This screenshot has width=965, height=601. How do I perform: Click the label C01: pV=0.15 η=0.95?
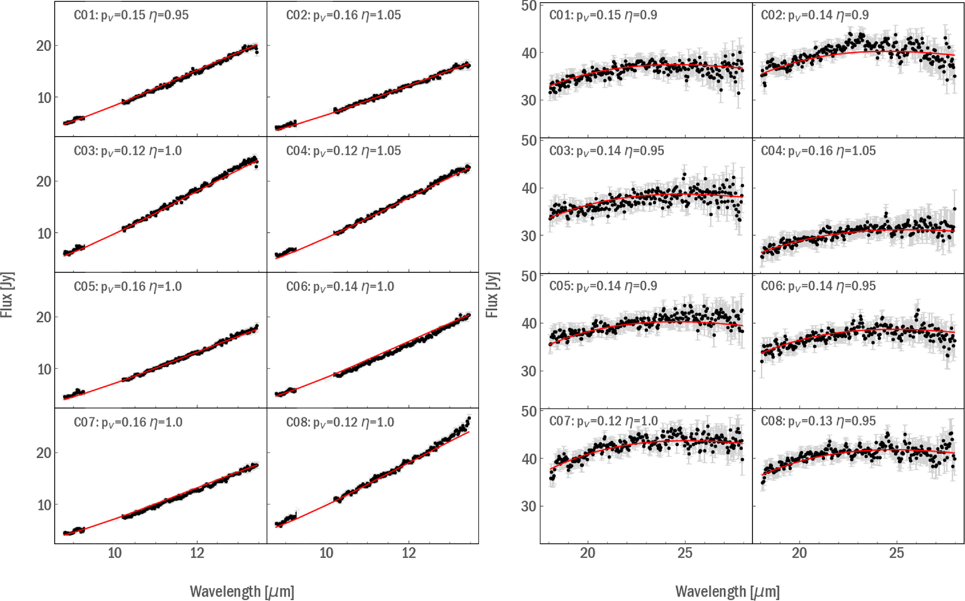(131, 16)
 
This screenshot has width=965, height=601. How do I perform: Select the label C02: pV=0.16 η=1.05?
(343, 16)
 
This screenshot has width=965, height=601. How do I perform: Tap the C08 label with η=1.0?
(340, 422)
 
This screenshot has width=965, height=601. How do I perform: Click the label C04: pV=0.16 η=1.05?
(818, 151)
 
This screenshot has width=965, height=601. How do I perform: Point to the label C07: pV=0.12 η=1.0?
(603, 421)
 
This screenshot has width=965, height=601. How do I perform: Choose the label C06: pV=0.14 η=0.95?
(818, 286)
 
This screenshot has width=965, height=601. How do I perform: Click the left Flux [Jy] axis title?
(7, 294)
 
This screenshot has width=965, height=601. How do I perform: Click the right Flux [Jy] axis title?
(492, 294)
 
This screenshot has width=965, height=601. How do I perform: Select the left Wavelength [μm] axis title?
(242, 592)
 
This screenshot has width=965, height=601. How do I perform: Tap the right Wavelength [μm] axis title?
(728, 592)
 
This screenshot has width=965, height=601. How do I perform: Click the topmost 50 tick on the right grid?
(529, 6)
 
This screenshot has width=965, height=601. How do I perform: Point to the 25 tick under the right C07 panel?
(685, 553)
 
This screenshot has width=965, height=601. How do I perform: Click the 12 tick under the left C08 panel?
(408, 553)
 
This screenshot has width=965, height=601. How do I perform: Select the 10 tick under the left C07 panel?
(114, 553)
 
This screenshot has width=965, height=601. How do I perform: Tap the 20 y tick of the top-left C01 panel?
(44, 46)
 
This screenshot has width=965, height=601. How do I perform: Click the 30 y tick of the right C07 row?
(529, 506)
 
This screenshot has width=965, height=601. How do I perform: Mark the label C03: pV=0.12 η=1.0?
(128, 151)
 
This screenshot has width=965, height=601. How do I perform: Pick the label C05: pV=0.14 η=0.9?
(603, 286)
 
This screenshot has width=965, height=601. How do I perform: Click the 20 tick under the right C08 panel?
(799, 553)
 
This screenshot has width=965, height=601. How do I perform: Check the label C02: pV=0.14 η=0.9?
(814, 16)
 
